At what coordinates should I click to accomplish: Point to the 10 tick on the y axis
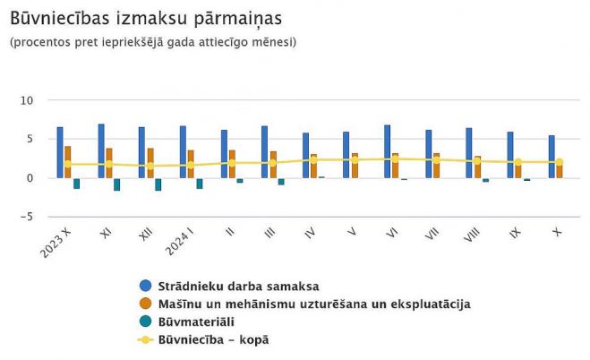point(27,100)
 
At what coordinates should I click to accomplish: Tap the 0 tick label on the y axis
point(30,178)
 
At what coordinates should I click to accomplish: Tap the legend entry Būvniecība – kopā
point(213,339)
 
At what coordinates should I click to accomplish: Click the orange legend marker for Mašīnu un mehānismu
point(146,304)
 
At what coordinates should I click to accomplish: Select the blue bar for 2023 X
point(60,152)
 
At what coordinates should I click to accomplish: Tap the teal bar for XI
point(117,184)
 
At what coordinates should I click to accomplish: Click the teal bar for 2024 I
point(200,184)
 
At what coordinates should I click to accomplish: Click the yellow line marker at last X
point(560,162)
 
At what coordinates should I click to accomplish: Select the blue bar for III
point(265,152)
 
